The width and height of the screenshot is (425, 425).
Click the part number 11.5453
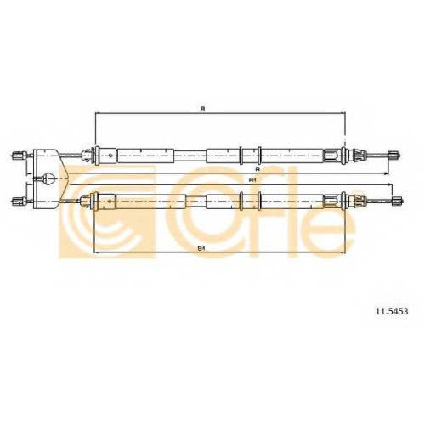(x=392, y=311)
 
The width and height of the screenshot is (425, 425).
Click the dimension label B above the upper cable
(x=202, y=109)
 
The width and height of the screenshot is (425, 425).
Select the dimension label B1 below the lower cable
(x=201, y=248)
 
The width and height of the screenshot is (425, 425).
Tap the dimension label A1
(x=252, y=180)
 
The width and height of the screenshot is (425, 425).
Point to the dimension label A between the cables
(x=258, y=169)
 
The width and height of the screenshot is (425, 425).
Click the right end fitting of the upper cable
(x=394, y=155)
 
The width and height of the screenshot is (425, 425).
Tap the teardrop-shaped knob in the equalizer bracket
(x=48, y=178)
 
